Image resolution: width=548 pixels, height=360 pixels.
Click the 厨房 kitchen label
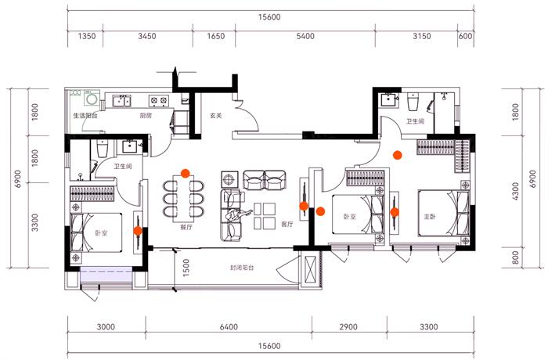[146, 116]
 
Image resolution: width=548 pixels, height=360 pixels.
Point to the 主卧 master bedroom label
[429, 218]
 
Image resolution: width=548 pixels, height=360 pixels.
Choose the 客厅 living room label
[287, 224]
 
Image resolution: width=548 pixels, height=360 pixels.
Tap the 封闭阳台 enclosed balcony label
[241, 268]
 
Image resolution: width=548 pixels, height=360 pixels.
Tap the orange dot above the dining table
[186, 173]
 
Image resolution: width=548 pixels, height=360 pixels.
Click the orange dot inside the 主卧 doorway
[395, 211]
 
